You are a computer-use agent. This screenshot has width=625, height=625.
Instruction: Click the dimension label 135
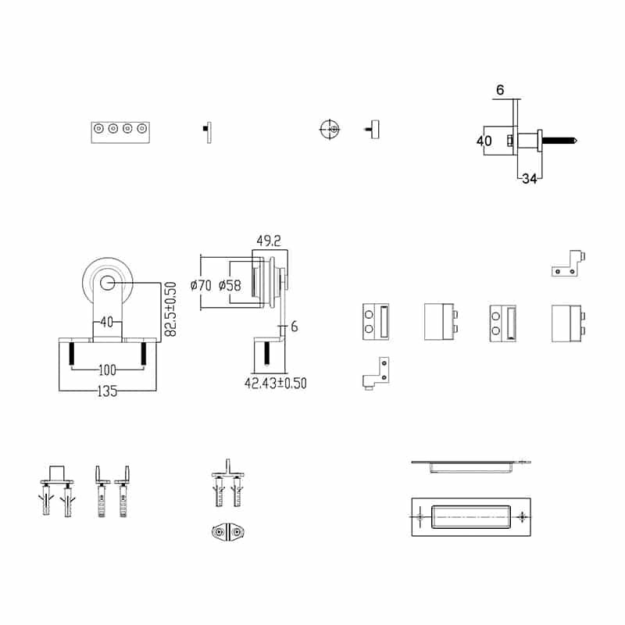click(108, 392)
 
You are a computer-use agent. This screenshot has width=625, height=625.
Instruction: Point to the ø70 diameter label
click(204, 285)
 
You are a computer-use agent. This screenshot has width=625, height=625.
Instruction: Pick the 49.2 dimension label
click(269, 241)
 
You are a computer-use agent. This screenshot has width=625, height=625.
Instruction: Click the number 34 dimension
click(529, 179)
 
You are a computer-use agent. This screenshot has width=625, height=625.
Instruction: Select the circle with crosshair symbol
click(330, 129)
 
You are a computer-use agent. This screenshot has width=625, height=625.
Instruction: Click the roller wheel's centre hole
click(107, 283)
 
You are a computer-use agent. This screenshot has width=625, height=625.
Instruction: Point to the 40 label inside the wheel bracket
click(107, 320)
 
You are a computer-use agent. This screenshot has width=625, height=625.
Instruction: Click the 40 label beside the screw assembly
click(484, 141)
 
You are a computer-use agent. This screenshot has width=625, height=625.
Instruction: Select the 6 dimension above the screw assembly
click(501, 91)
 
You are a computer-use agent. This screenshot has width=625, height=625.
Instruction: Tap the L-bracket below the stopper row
click(374, 374)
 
